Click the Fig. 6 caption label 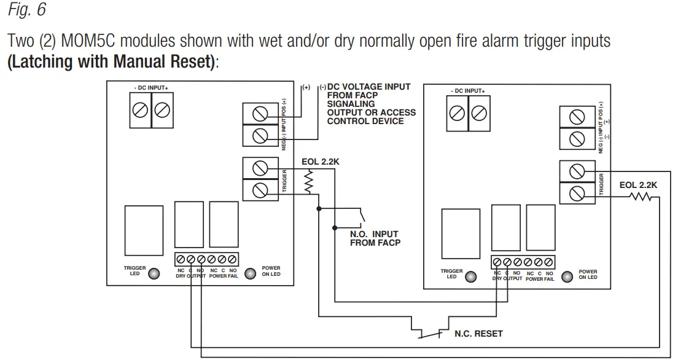[x=25, y=10]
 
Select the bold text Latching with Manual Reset [x=112, y=62]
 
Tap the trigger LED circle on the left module [x=154, y=273]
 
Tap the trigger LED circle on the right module [x=470, y=276]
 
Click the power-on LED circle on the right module [x=567, y=276]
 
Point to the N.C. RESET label [x=478, y=334]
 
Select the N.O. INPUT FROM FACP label [x=374, y=238]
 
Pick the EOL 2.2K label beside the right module [x=638, y=184]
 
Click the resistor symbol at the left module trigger [x=310, y=182]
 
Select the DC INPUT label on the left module [x=150, y=88]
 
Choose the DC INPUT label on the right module [x=467, y=91]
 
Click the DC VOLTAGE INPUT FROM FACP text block [x=370, y=104]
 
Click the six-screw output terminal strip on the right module [x=523, y=262]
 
